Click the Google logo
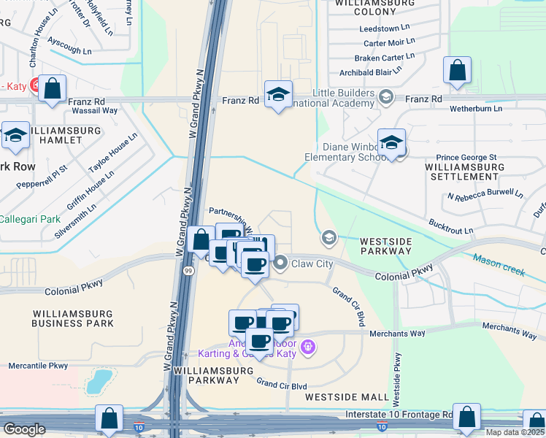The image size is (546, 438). (x=25, y=429)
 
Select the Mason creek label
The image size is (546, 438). (x=499, y=264)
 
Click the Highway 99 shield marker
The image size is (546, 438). (x=188, y=270)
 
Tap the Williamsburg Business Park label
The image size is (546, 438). (x=73, y=318)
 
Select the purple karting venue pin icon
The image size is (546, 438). (x=308, y=346)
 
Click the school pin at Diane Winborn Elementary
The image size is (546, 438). (x=391, y=144)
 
